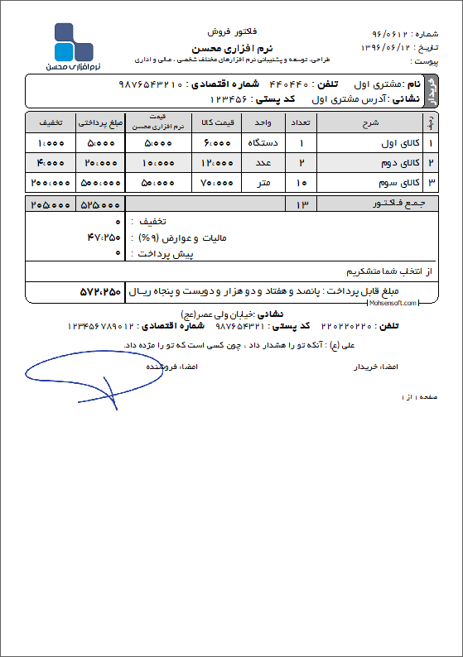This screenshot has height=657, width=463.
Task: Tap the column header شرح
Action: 370,122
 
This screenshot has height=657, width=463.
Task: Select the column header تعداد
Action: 301,122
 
